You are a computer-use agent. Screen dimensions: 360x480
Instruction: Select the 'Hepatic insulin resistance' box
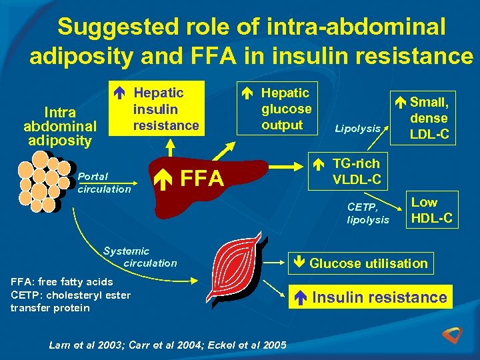(159, 109)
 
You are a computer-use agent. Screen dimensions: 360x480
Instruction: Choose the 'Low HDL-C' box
(433, 210)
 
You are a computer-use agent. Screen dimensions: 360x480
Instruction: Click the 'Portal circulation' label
(104, 183)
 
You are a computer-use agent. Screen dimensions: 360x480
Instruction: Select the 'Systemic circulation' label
(140, 257)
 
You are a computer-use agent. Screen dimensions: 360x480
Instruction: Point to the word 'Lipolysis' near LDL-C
(358, 129)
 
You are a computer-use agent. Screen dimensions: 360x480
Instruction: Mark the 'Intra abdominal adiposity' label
(60, 127)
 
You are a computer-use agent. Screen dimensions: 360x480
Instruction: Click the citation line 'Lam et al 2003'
(168, 345)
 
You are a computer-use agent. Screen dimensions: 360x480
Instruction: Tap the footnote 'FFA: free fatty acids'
(62, 281)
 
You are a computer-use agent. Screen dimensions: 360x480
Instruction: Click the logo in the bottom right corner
(457, 337)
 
